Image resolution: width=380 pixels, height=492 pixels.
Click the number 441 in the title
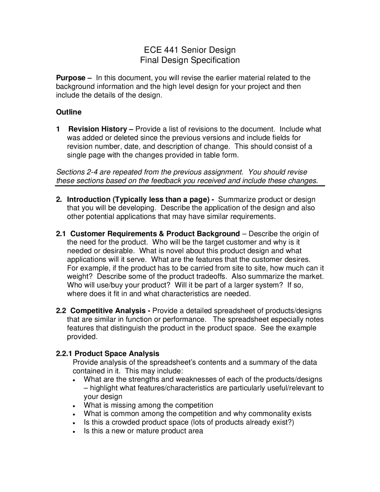coord(170,50)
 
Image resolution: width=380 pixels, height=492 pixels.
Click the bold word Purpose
coord(71,78)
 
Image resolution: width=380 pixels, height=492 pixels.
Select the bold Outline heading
coord(69,112)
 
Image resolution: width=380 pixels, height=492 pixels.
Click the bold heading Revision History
coord(97,129)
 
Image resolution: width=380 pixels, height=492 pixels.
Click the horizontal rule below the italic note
coord(190,186)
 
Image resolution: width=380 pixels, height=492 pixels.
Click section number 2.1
coord(61,234)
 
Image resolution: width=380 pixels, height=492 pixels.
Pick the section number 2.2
coord(61,311)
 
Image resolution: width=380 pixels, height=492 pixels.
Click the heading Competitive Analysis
coord(108,311)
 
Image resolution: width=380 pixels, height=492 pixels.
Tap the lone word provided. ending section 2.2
coord(82,337)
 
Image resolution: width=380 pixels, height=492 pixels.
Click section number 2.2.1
coord(64,354)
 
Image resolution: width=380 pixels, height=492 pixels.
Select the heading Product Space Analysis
coord(117,354)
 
